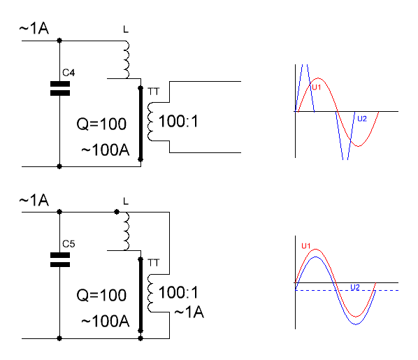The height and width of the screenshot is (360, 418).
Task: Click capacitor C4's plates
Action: (60, 89)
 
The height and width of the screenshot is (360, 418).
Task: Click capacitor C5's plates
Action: (60, 260)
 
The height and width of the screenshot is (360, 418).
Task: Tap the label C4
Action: (69, 73)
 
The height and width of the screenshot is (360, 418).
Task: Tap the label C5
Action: (69, 244)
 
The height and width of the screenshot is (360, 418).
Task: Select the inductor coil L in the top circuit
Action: (127, 59)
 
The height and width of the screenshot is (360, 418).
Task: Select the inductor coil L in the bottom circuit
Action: (127, 231)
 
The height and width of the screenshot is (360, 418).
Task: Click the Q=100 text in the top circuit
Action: (101, 124)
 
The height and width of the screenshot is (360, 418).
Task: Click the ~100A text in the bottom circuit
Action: (106, 321)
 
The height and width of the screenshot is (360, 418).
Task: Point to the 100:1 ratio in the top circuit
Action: (178, 122)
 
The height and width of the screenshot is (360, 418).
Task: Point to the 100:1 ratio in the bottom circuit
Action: (178, 292)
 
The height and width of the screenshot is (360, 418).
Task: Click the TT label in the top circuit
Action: (153, 92)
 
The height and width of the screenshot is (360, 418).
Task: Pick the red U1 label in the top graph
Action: (317, 87)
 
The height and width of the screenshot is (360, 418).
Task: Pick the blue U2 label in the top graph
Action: (362, 119)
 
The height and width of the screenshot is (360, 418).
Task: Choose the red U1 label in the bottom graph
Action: (306, 245)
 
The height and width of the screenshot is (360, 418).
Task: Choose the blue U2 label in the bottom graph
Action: (355, 287)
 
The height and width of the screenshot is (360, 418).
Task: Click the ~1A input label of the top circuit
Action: (34, 28)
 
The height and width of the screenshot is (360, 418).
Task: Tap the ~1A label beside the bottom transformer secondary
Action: (189, 312)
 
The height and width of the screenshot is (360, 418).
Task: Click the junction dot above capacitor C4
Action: (59, 41)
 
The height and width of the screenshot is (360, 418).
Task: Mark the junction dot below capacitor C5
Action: (59, 338)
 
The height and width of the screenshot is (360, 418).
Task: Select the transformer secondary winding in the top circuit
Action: (150, 122)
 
